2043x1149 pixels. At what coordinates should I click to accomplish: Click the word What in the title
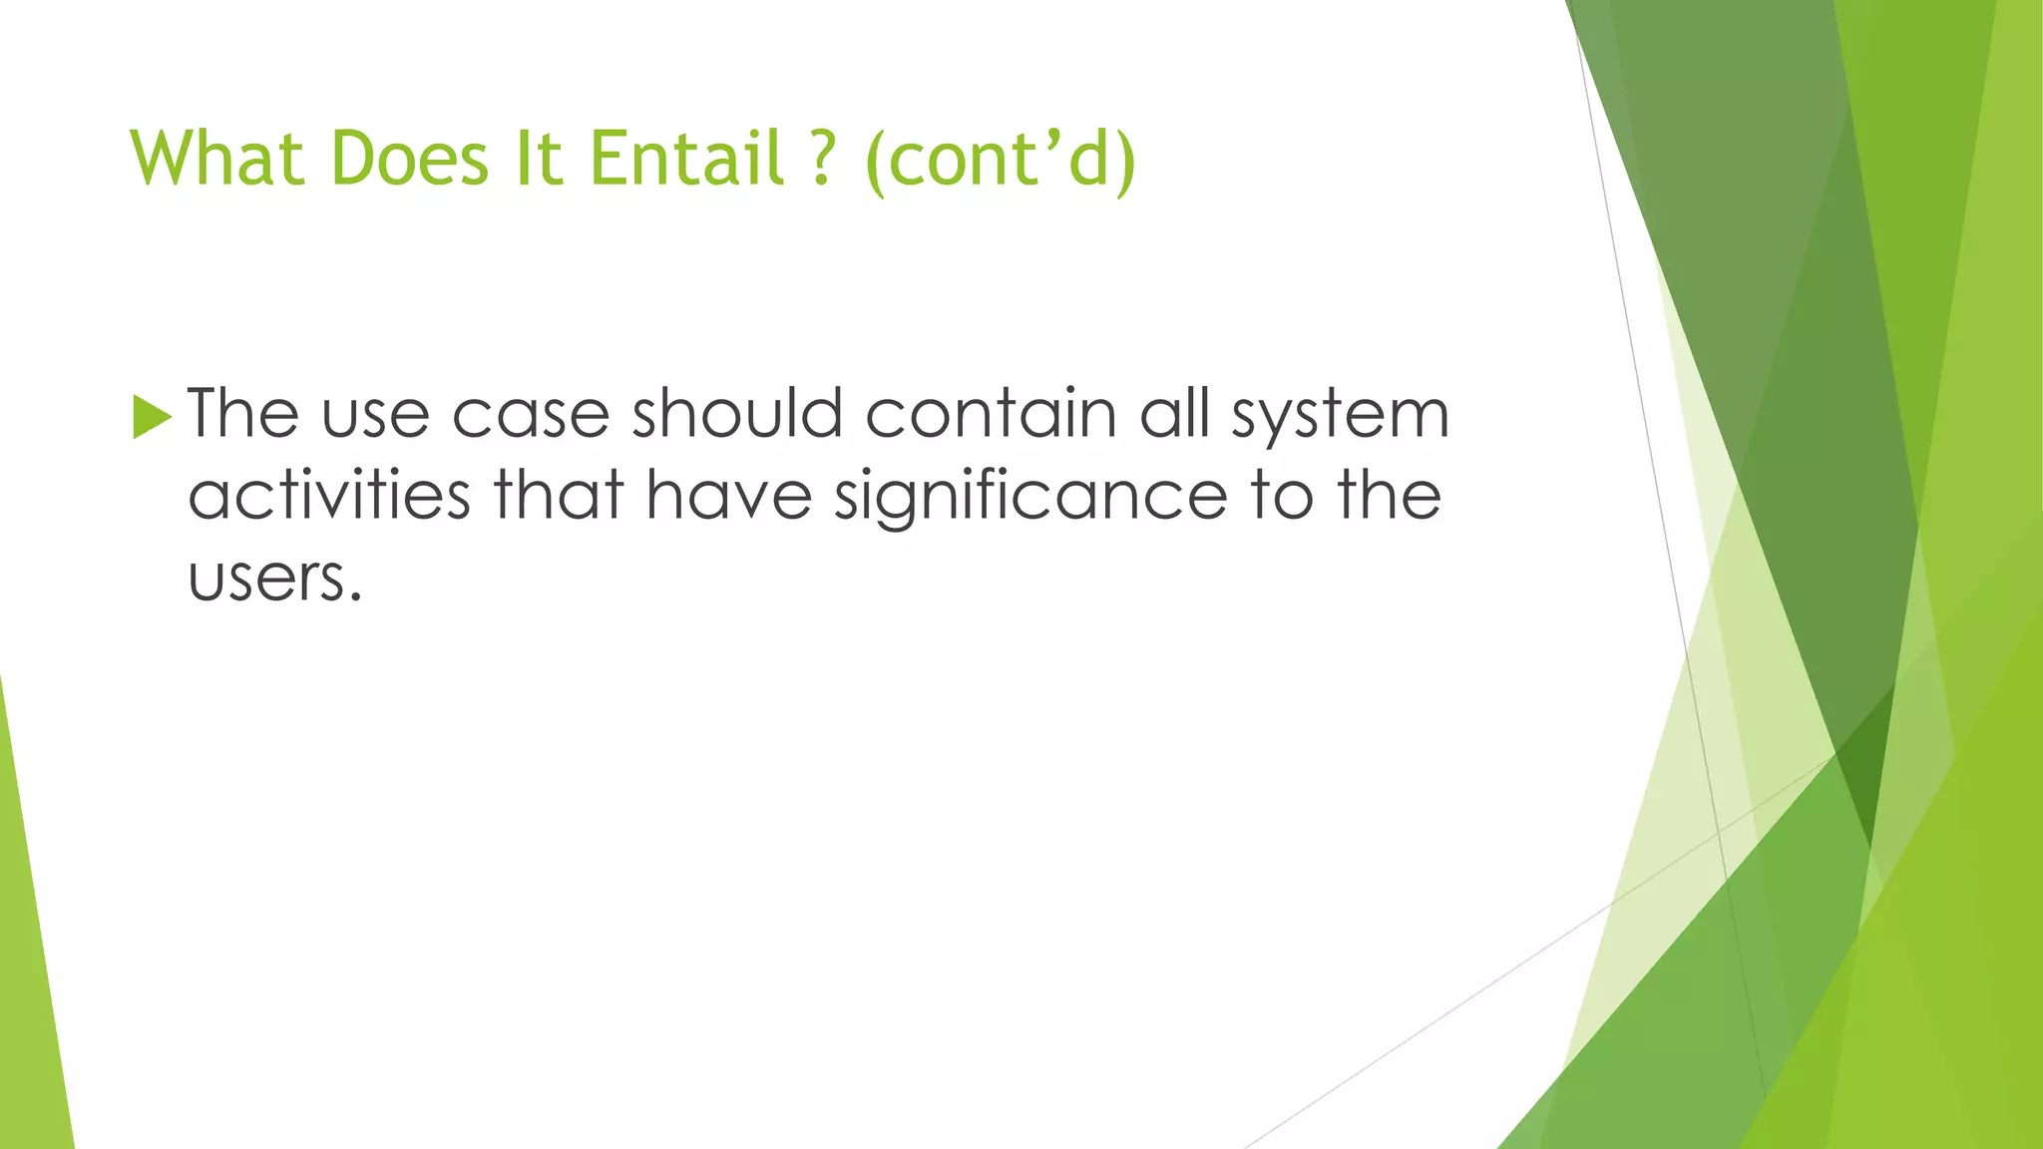tap(216, 159)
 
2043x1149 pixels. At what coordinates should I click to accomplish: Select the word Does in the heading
tap(409, 159)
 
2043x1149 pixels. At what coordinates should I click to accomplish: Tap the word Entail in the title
tap(686, 159)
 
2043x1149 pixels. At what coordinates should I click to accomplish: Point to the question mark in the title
tap(821, 159)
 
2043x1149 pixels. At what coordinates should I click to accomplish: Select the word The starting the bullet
tap(243, 413)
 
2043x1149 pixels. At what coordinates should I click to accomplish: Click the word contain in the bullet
tap(991, 413)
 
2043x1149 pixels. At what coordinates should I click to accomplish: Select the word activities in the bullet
tap(329, 495)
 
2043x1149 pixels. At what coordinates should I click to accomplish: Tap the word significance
tap(1030, 497)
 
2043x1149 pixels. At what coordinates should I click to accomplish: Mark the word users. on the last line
tap(274, 578)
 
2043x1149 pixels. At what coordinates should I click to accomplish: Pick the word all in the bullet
tap(1175, 413)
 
